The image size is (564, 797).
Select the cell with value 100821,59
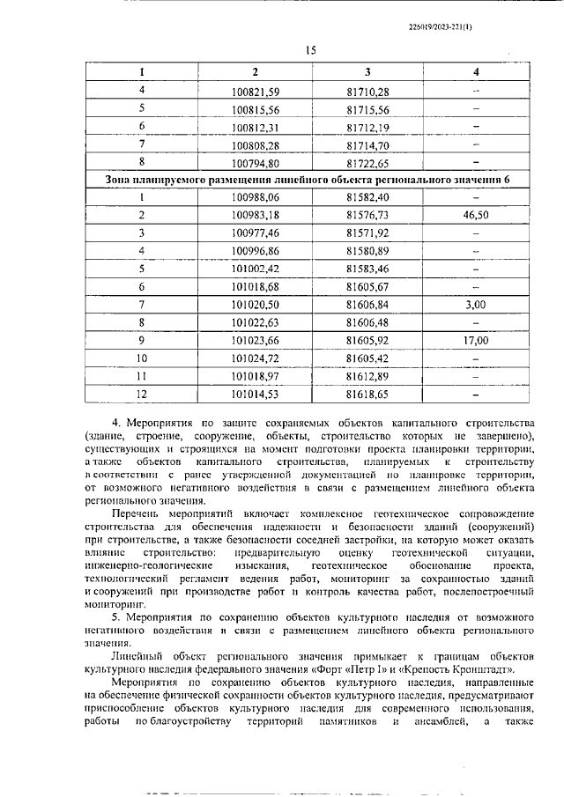point(255,91)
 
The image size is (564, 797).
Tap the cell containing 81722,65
point(367,162)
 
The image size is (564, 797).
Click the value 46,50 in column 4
point(475,215)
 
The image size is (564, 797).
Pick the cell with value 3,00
point(475,304)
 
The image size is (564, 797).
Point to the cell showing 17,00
point(475,339)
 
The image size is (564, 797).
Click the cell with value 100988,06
point(255,197)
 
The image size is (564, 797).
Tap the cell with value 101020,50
point(255,304)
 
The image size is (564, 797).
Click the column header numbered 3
point(367,71)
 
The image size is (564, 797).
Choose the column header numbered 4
point(475,71)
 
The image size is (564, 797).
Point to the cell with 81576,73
point(367,215)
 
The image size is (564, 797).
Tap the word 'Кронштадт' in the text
point(485,668)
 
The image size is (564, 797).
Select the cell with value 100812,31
point(255,126)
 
